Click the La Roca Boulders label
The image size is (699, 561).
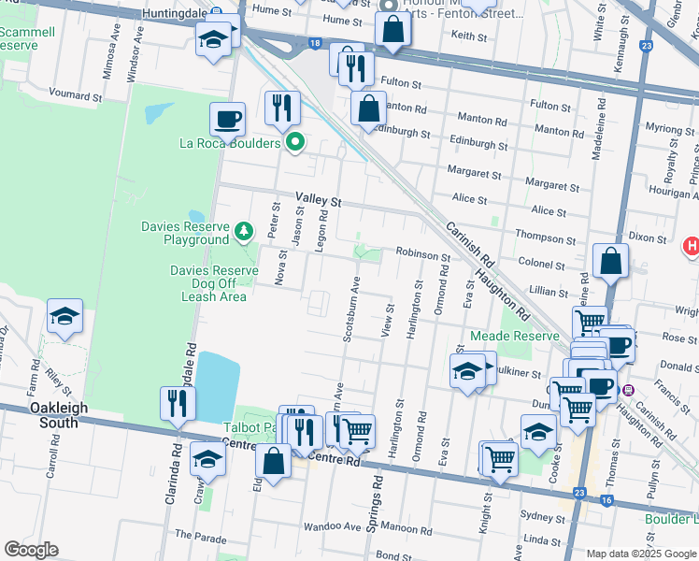230,143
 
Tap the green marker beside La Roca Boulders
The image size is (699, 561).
295,143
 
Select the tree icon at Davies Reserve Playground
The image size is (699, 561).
243,229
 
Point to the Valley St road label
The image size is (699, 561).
320,200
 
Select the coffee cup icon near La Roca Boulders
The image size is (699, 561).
227,120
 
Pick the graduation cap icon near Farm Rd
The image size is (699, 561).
64,317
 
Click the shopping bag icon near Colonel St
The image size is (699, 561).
610,263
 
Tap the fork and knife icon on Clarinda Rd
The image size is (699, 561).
177,404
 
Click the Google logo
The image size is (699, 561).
32,550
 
